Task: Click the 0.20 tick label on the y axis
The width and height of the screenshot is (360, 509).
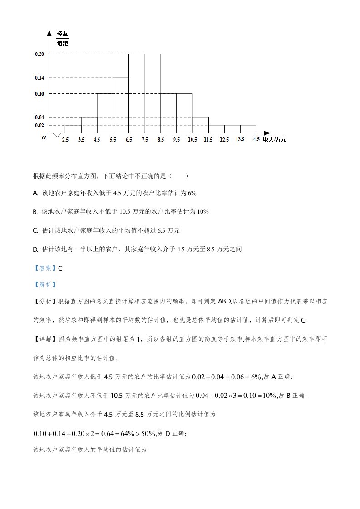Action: [39, 54]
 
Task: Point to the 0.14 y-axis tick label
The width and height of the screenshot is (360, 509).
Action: [39, 78]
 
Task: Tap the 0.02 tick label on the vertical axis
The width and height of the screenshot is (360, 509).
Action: [39, 125]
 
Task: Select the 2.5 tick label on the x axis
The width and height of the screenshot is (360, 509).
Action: [65, 140]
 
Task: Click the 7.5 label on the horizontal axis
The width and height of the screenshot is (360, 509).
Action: [145, 140]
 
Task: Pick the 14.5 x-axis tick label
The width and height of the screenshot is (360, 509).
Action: [255, 139]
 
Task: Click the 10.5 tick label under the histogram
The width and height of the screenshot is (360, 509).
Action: [192, 140]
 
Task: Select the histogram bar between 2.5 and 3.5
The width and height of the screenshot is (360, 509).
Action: [73, 129]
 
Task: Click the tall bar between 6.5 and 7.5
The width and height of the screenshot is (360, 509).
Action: [137, 93]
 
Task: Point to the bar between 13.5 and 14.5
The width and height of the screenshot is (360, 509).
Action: [248, 129]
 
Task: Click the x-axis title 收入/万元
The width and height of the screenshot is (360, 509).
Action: [275, 139]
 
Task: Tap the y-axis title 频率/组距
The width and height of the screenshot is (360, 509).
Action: [63, 39]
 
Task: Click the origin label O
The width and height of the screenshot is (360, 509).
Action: [44, 137]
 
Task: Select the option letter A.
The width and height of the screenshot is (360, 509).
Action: [35, 193]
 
